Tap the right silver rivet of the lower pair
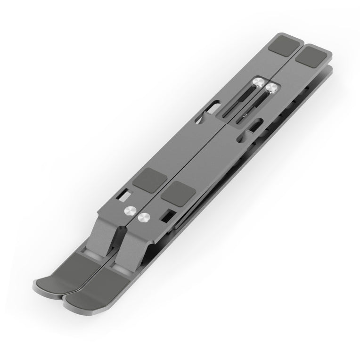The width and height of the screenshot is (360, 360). point(143,217)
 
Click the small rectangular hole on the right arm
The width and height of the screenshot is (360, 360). point(168,215)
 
